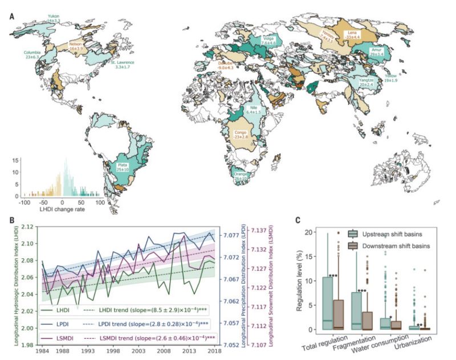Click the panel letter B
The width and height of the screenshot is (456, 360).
point(11,219)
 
